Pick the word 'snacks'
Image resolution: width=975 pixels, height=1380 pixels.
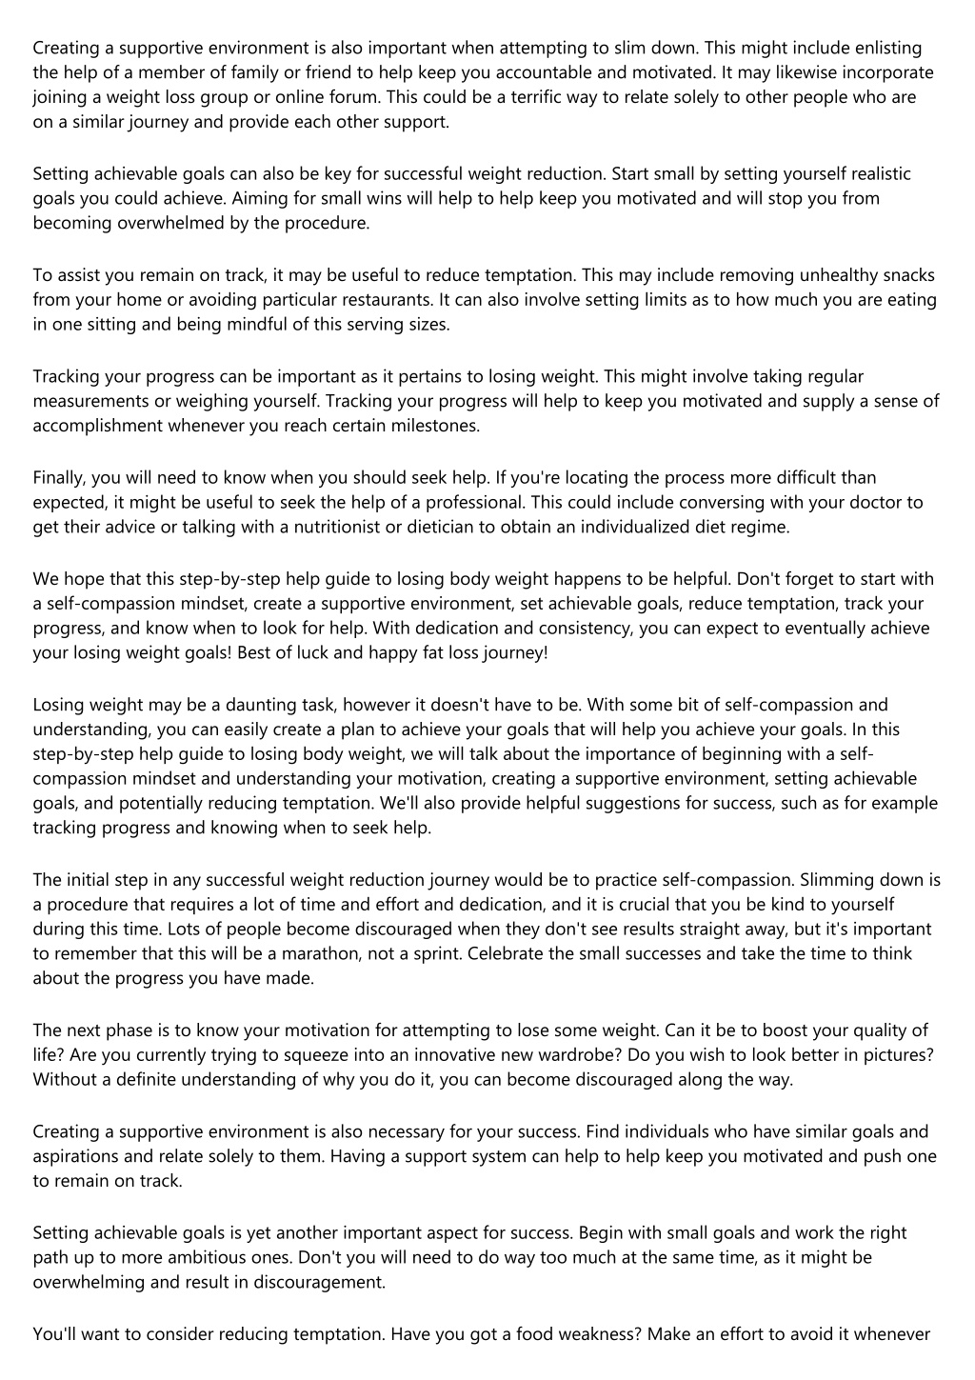[x=910, y=275]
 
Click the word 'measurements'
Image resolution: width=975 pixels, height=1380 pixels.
[x=90, y=401]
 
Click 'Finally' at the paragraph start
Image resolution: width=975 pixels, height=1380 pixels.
[x=58, y=477]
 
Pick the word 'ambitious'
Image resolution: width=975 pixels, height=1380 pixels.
[x=206, y=1257]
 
